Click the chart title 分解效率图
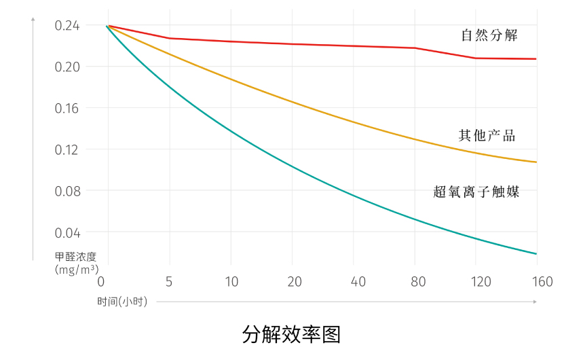click(x=291, y=334)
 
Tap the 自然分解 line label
click(x=489, y=36)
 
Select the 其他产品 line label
click(x=487, y=135)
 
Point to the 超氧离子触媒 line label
click(x=476, y=192)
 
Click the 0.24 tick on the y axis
click(x=67, y=26)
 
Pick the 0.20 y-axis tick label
click(x=67, y=67)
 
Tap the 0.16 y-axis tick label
click(x=67, y=108)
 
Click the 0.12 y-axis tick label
click(x=67, y=149)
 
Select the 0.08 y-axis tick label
click(x=67, y=191)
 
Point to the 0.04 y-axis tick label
click(x=67, y=232)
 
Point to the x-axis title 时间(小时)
click(x=121, y=302)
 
